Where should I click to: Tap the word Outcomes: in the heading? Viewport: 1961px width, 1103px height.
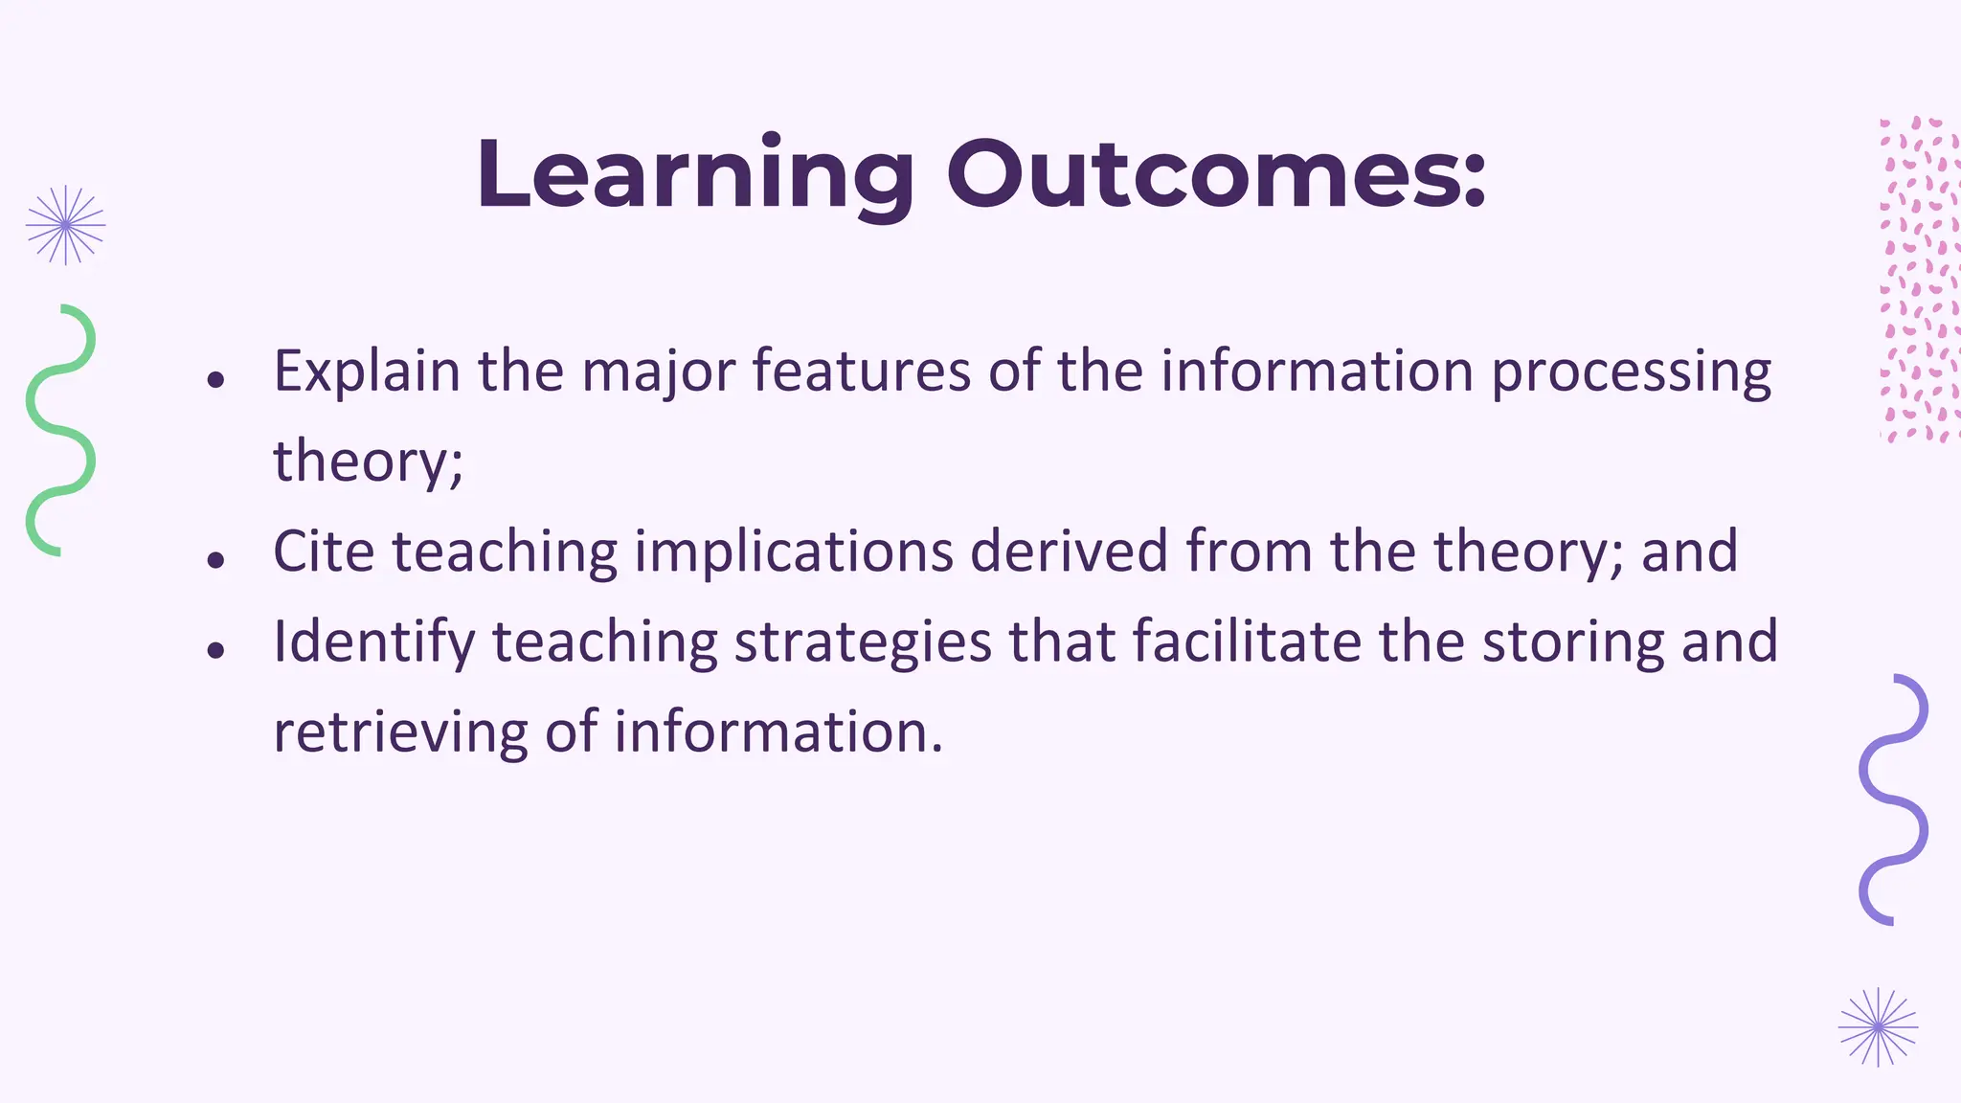1216,174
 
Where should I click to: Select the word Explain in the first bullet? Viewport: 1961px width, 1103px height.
367,371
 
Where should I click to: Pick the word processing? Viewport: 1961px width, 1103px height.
1631,371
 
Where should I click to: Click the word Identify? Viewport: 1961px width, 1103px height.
374,642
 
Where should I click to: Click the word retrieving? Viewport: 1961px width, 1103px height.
400,732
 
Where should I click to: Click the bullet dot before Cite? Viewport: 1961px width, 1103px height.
215,559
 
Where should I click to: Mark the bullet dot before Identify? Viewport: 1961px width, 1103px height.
215,650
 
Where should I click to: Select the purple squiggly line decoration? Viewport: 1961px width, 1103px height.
1893,799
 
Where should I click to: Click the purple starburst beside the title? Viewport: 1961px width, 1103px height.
65,225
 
